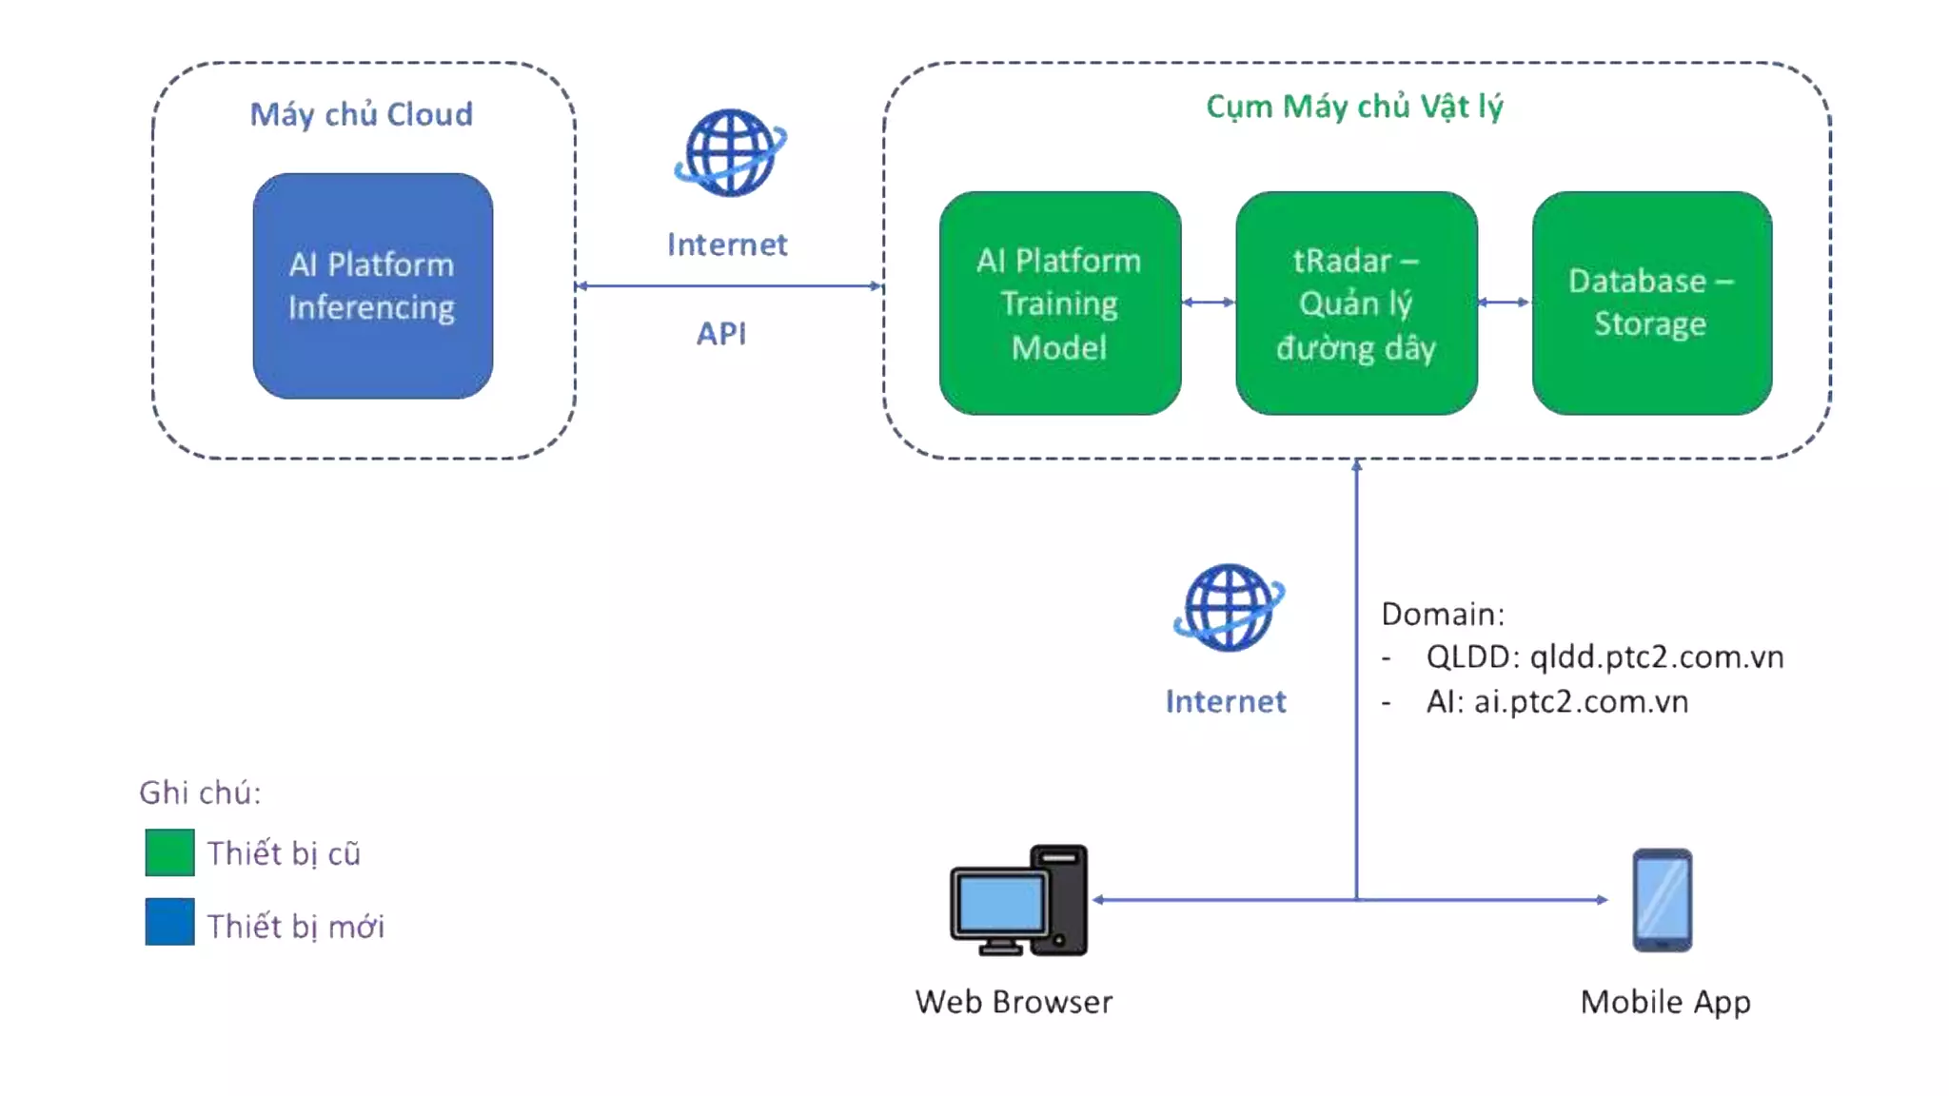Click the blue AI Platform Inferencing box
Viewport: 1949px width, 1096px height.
pyautogui.click(x=372, y=285)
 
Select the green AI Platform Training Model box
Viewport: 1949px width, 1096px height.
pyautogui.click(x=1059, y=303)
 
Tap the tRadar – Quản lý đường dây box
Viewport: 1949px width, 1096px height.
pyautogui.click(x=1356, y=303)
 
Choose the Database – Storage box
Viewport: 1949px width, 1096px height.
pyautogui.click(x=1651, y=303)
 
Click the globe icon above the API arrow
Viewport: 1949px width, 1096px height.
pyautogui.click(x=730, y=153)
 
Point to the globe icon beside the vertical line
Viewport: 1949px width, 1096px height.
pyautogui.click(x=1228, y=608)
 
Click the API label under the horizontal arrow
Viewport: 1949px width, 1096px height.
pyautogui.click(x=721, y=334)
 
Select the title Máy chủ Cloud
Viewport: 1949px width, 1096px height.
pyautogui.click(x=361, y=114)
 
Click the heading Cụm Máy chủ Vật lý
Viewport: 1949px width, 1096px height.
pyautogui.click(x=1354, y=107)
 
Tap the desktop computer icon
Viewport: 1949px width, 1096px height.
pyautogui.click(x=1018, y=900)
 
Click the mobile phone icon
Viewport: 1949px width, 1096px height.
pyautogui.click(x=1663, y=900)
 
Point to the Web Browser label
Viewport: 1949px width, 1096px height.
pyautogui.click(x=1014, y=1002)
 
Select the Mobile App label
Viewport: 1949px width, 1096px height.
pyautogui.click(x=1665, y=1002)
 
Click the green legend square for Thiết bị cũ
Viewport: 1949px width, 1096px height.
pyautogui.click(x=169, y=852)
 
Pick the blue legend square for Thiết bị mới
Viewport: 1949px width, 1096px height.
pyautogui.click(x=169, y=922)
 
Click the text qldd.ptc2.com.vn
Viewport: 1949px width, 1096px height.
pyautogui.click(x=1656, y=657)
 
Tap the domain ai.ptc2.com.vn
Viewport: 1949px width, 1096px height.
pyautogui.click(x=1581, y=702)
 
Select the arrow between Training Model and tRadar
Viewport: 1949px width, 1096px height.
pyautogui.click(x=1208, y=303)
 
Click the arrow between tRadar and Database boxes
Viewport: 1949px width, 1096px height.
pyautogui.click(x=1504, y=303)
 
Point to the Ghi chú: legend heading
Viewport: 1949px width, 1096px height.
pyautogui.click(x=200, y=793)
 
